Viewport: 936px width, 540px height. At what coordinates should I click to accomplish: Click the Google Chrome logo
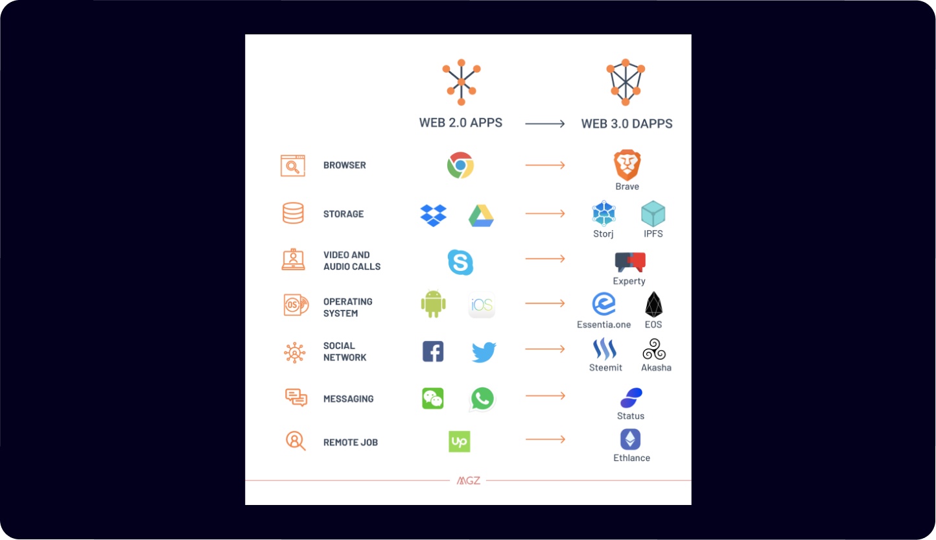460,165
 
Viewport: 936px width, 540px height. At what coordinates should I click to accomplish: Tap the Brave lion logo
627,165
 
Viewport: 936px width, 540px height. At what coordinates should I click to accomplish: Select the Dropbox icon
433,215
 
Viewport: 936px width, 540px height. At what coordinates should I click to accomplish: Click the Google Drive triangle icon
481,215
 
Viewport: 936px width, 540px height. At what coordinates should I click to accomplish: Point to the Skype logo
460,263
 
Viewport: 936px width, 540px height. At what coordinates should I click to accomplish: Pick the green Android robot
433,303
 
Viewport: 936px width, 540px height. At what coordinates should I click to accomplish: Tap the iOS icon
482,305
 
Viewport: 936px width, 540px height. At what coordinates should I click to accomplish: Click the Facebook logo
433,351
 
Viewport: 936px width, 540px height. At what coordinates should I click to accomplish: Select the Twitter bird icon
484,352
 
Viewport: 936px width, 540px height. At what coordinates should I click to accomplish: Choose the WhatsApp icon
482,399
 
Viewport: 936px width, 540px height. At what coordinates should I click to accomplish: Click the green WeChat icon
432,398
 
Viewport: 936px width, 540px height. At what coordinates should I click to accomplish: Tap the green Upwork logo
459,441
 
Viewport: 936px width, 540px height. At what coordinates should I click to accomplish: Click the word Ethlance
631,458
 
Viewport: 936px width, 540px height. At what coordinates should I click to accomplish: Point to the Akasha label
656,368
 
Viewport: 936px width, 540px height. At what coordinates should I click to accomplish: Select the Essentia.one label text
603,325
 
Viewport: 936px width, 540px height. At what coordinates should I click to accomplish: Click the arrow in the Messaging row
545,395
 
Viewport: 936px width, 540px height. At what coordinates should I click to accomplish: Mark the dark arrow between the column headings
545,123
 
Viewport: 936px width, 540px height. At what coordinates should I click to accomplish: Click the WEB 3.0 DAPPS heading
627,123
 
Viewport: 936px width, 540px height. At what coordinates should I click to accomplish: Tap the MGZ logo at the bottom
468,480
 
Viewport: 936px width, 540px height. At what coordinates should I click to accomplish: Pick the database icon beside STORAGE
293,213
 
